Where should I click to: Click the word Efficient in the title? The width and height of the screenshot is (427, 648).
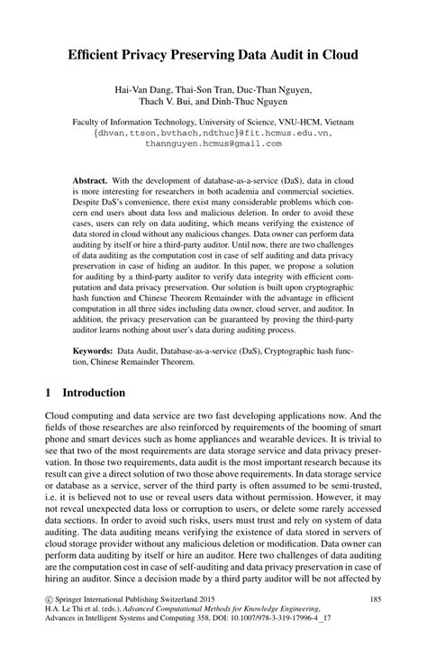(x=97, y=55)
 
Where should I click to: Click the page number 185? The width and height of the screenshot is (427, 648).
(x=372, y=598)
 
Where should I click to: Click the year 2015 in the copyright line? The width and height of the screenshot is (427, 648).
(x=232, y=598)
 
